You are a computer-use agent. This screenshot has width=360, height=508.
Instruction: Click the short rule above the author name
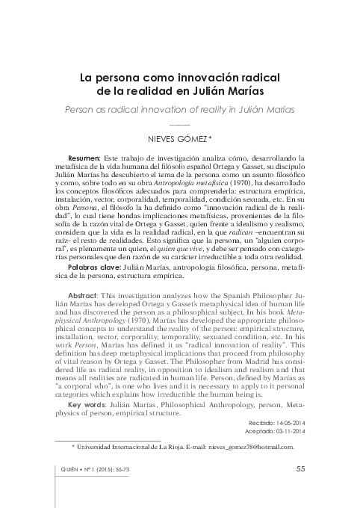click(180, 123)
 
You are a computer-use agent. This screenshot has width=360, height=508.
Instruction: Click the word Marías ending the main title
click(261, 90)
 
